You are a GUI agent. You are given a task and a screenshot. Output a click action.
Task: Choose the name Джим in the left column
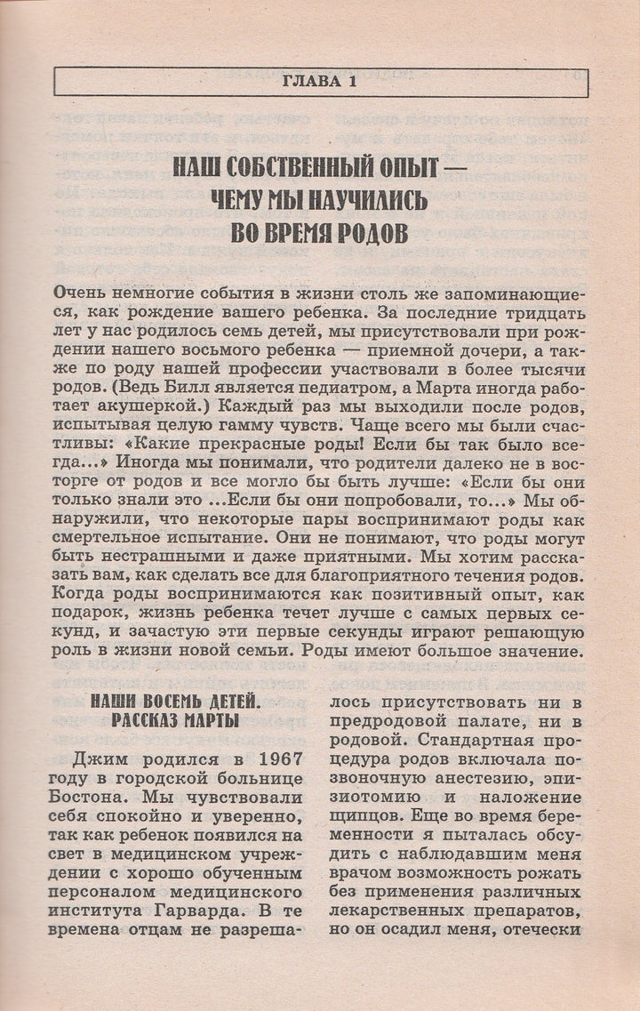point(98,760)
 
